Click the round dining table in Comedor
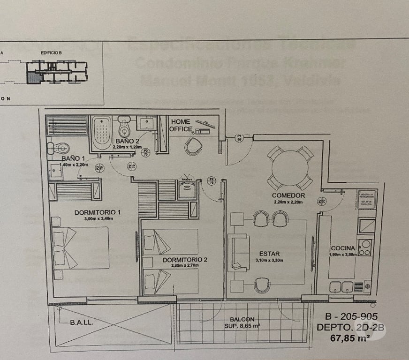[290, 168]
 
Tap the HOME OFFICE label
[181, 125]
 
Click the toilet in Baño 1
[58, 149]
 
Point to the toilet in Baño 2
[124, 127]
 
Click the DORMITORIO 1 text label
[98, 212]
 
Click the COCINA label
[342, 248]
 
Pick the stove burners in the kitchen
[365, 247]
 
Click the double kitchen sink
[341, 286]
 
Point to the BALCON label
[242, 319]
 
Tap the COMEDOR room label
[288, 195]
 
